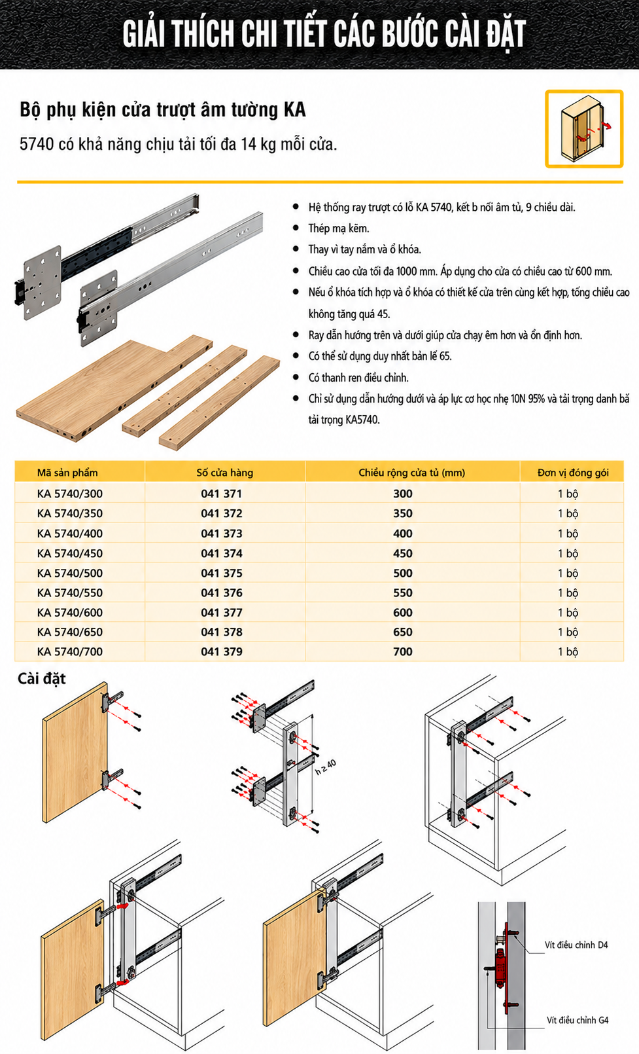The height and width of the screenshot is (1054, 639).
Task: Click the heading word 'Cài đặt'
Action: click(41, 679)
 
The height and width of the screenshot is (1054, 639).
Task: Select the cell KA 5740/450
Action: click(69, 553)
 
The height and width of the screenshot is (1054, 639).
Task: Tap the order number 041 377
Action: click(222, 613)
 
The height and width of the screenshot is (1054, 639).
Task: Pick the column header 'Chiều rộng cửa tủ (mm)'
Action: click(412, 473)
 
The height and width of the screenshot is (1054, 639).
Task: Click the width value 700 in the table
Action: click(403, 651)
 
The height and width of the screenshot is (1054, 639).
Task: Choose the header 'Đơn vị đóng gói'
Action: click(573, 473)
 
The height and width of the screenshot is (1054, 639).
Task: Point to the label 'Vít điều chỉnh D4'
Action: click(576, 945)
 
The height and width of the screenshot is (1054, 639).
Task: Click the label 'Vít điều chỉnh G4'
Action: click(578, 1020)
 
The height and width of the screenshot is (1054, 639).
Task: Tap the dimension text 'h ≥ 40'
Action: click(325, 767)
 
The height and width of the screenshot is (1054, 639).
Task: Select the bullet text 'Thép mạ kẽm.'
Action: click(339, 228)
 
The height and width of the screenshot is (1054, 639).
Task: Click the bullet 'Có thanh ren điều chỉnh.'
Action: click(358, 378)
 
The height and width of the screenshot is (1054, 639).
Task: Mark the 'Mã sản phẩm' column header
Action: click(67, 473)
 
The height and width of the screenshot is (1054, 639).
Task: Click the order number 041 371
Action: click(222, 494)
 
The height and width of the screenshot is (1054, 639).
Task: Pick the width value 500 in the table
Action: click(403, 573)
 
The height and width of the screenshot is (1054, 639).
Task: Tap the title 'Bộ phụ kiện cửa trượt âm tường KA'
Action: click(163, 110)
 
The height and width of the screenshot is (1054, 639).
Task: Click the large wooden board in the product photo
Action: click(107, 388)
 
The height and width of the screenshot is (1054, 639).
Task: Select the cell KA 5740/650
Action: click(69, 632)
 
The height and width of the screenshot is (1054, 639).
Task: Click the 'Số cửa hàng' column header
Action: click(225, 473)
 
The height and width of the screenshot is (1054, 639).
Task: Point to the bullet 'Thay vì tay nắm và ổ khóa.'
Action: click(364, 249)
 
